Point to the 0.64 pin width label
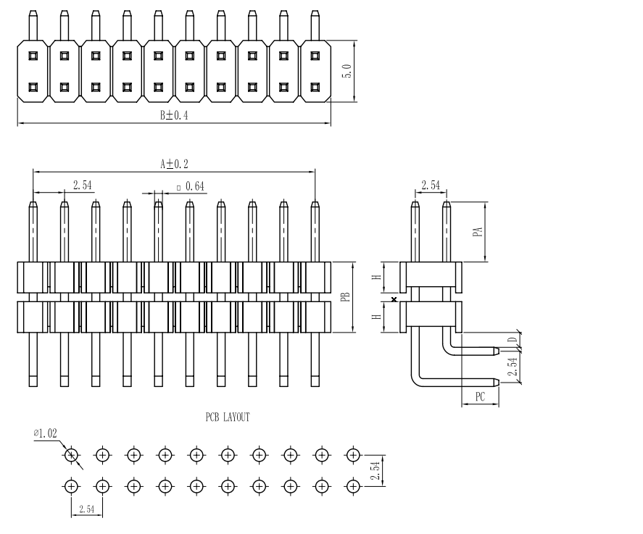(x=195, y=186)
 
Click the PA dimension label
(x=477, y=231)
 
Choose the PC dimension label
(x=479, y=396)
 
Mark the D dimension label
(x=512, y=339)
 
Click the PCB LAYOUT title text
(x=228, y=417)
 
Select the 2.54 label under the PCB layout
(x=86, y=509)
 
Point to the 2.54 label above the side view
(x=431, y=185)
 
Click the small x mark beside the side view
(x=394, y=299)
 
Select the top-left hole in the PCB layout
(x=71, y=455)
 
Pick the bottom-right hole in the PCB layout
(x=353, y=486)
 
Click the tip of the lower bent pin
(x=495, y=382)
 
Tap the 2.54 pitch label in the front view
(x=83, y=185)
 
